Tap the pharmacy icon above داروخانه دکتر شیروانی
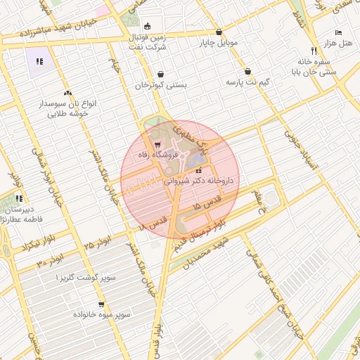198,171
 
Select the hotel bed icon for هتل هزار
338,33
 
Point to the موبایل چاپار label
219,43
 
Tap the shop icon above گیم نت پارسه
248,72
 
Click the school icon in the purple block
40,61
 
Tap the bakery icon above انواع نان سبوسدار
67,93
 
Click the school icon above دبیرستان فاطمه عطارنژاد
19,199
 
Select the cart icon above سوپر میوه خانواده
102,305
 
